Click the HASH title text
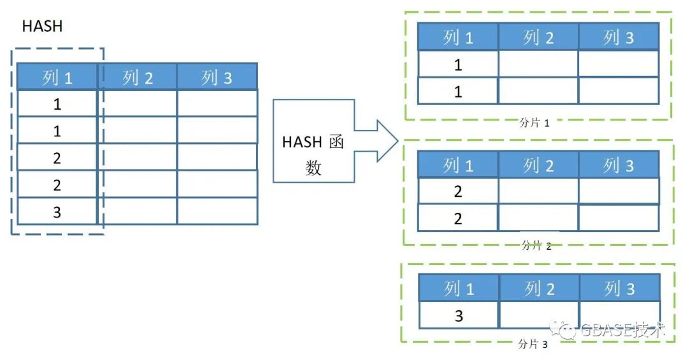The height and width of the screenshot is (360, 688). click(x=42, y=26)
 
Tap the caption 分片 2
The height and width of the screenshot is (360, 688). click(x=536, y=245)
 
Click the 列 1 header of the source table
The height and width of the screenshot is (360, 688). click(x=57, y=78)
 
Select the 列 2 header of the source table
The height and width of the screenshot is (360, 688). click(x=138, y=78)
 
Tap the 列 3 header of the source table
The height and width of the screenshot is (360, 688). click(x=217, y=78)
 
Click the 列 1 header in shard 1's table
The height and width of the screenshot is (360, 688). click(x=458, y=38)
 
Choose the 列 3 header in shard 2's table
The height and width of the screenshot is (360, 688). click(x=619, y=166)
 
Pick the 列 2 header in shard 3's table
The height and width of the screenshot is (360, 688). click(x=539, y=289)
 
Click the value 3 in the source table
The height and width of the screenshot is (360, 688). click(x=57, y=212)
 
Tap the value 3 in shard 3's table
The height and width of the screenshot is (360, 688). click(x=459, y=316)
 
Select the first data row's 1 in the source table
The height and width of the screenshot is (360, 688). click(x=57, y=104)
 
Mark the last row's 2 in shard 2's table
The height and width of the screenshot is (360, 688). click(x=457, y=219)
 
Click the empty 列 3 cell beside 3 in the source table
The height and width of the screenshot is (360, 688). click(x=217, y=212)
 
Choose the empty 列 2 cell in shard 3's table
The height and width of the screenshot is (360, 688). click(x=539, y=316)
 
